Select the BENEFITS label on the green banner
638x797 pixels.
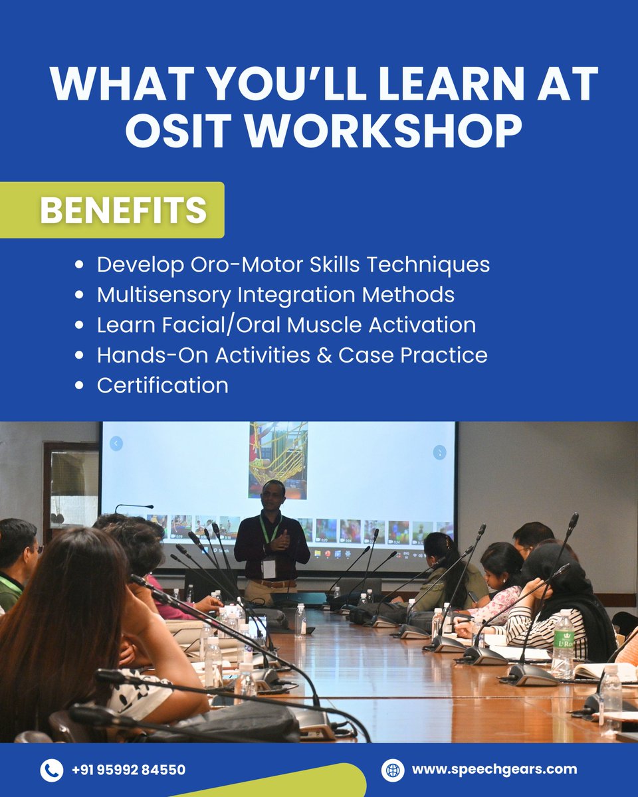point(123,210)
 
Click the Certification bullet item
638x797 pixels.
point(162,385)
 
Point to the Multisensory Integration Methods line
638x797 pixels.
point(276,294)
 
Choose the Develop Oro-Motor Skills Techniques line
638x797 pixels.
point(293,264)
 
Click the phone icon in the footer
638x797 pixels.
point(51,770)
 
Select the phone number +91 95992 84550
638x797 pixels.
point(128,770)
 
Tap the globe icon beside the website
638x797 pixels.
point(392,770)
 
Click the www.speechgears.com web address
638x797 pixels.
point(494,770)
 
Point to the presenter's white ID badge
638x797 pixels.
point(268,569)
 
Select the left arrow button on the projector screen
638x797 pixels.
point(116,444)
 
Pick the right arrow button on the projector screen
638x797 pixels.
point(439,452)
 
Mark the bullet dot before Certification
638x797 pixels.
point(80,386)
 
